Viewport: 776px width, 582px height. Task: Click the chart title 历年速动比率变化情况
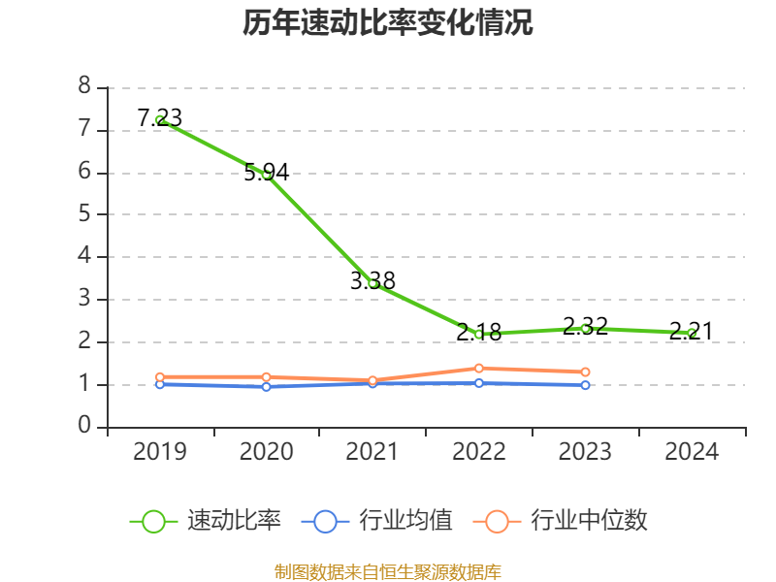(388, 23)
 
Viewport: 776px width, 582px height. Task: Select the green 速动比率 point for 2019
(160, 119)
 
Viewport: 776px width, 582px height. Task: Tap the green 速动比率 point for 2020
(266, 175)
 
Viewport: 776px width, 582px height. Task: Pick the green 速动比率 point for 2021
(372, 283)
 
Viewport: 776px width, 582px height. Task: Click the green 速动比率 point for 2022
(479, 334)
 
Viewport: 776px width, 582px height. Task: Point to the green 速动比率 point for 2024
(692, 333)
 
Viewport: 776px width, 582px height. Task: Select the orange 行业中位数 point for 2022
(479, 368)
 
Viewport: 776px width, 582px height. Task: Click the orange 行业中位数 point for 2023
(585, 372)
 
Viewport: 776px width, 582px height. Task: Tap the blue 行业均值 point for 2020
(266, 387)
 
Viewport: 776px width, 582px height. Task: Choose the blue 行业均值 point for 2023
(585, 385)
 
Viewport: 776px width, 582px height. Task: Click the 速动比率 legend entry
(206, 521)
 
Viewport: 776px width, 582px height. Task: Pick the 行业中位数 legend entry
(561, 521)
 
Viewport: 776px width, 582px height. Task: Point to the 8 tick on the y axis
(84, 87)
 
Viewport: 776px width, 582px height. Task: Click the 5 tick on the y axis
(84, 214)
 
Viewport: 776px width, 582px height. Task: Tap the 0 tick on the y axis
(84, 427)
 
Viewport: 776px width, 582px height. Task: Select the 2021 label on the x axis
(372, 452)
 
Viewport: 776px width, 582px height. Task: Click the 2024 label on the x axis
(692, 452)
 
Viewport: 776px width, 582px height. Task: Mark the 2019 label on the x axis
(160, 452)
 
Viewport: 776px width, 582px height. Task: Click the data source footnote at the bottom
(388, 571)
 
